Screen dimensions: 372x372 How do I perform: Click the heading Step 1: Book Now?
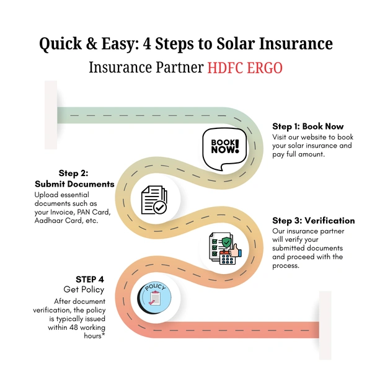coord(308,126)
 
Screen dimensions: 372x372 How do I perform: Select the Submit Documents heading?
coord(74,184)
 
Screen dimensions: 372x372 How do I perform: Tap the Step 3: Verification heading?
coord(314,221)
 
